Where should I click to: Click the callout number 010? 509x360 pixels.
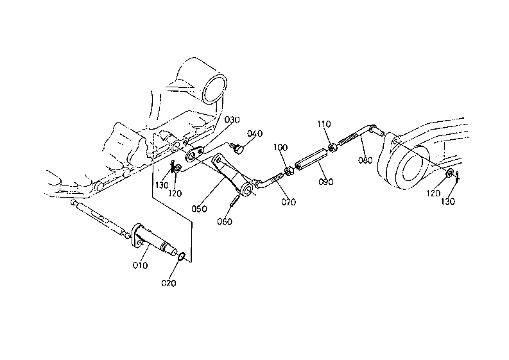pyautogui.click(x=140, y=265)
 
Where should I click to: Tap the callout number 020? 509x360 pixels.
pyautogui.click(x=169, y=283)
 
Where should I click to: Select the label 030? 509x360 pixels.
pyautogui.click(x=232, y=120)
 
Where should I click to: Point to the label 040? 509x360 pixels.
pyautogui.click(x=255, y=133)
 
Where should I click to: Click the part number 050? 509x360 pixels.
pyautogui.click(x=199, y=209)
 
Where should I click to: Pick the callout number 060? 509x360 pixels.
pyautogui.click(x=225, y=222)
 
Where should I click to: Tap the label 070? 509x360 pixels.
pyautogui.click(x=289, y=202)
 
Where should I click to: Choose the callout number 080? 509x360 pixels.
pyautogui.click(x=365, y=160)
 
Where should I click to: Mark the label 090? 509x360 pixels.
pyautogui.click(x=325, y=182)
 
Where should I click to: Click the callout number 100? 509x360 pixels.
pyautogui.click(x=280, y=148)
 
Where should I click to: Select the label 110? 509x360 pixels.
pyautogui.click(x=324, y=124)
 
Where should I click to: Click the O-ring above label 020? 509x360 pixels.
pyautogui.click(x=182, y=257)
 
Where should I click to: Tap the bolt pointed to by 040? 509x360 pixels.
pyautogui.click(x=237, y=149)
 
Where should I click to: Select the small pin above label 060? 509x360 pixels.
pyautogui.click(x=236, y=200)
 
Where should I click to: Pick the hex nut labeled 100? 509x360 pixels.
pyautogui.click(x=289, y=171)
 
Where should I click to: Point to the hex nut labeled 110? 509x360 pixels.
pyautogui.click(x=332, y=148)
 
